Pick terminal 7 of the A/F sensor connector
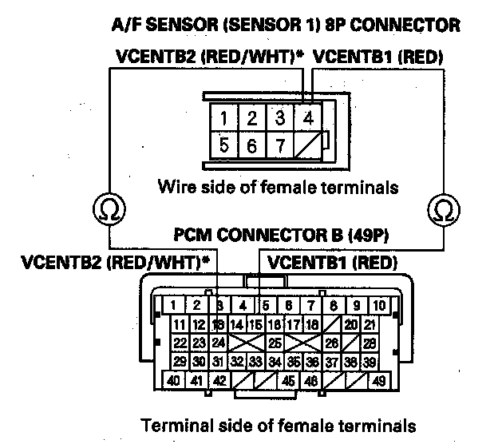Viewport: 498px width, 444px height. click(x=280, y=147)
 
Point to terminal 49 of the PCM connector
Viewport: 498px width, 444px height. click(x=378, y=381)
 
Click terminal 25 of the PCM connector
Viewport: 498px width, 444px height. click(x=274, y=343)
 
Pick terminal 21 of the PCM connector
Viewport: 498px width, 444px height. click(x=370, y=324)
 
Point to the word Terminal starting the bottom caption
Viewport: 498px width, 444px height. click(x=169, y=425)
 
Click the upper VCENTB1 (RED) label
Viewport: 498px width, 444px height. click(x=379, y=57)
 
